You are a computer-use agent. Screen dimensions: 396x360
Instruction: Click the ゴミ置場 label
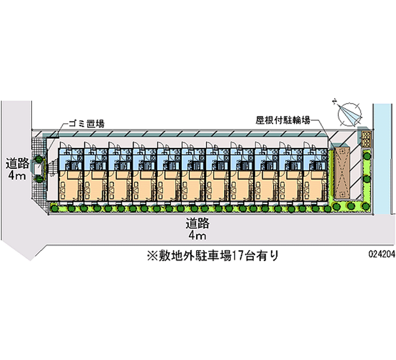click(x=86, y=124)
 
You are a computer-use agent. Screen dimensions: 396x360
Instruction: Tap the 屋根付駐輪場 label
click(x=283, y=120)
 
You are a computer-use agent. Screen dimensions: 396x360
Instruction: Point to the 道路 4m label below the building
click(x=198, y=229)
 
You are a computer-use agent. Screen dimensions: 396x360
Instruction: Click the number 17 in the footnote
click(x=238, y=256)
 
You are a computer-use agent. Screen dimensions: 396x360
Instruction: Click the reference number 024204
click(x=382, y=254)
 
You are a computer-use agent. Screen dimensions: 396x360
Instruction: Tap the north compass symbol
click(x=349, y=114)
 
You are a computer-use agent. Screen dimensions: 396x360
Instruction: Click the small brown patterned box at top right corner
click(x=366, y=139)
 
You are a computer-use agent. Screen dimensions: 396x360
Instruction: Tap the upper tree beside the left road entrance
click(x=39, y=159)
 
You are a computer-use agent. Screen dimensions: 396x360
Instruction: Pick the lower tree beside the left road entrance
click(x=39, y=179)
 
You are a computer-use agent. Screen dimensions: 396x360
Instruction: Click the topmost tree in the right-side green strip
click(x=367, y=155)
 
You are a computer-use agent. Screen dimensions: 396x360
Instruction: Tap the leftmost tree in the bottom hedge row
click(x=54, y=208)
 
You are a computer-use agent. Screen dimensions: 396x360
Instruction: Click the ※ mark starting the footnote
click(x=152, y=256)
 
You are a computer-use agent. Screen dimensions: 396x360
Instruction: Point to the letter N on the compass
click(x=335, y=102)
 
